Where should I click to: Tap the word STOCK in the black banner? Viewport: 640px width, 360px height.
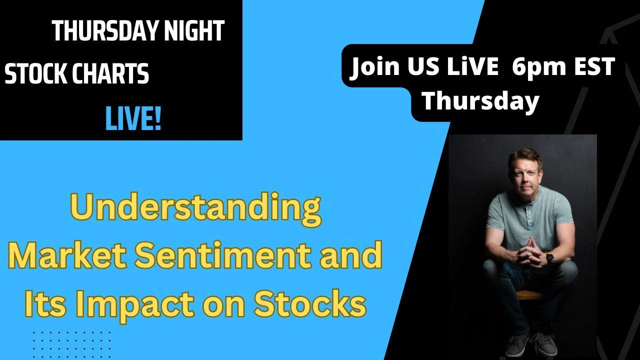click(x=34, y=74)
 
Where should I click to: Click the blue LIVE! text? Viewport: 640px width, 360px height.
click(x=133, y=120)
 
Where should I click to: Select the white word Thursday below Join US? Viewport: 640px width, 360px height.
click(x=480, y=101)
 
